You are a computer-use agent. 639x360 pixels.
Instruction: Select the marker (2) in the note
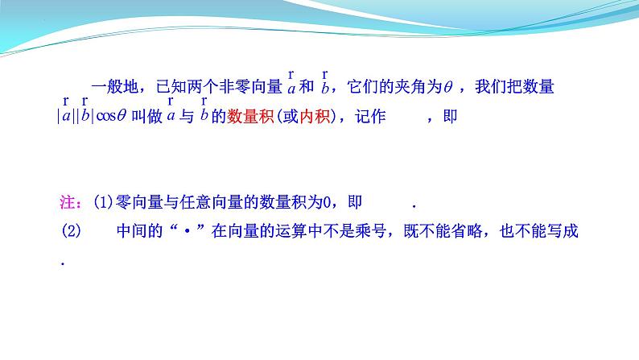coord(72,231)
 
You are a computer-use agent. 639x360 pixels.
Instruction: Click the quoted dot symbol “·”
coord(186,231)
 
